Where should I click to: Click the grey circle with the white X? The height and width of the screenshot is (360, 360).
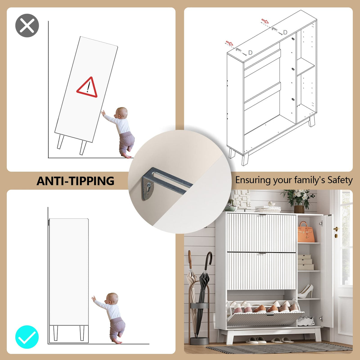pyautogui.click(x=27, y=25)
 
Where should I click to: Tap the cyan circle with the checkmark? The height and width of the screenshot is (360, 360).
pyautogui.click(x=27, y=337)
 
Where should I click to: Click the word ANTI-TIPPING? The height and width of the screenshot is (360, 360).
pyautogui.click(x=75, y=181)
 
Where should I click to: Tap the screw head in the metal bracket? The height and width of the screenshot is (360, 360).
pyautogui.click(x=149, y=185)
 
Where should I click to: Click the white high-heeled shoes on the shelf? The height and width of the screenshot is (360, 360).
pyautogui.click(x=305, y=291)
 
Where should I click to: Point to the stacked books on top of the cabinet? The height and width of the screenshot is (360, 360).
pyautogui.click(x=268, y=209)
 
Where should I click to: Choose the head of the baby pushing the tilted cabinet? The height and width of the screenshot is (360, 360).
pyautogui.click(x=121, y=113)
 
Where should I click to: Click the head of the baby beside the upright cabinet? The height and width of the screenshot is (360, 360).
pyautogui.click(x=112, y=298)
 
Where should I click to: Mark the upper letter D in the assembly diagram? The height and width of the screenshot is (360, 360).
pyautogui.click(x=285, y=32)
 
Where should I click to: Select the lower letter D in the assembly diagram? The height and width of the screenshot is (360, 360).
pyautogui.click(x=250, y=53)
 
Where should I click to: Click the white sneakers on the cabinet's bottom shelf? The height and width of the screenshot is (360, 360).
pyautogui.click(x=306, y=321)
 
